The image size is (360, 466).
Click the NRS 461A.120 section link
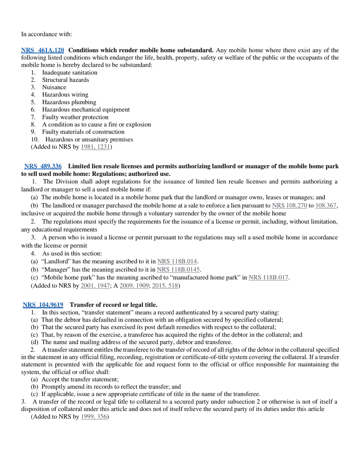42,50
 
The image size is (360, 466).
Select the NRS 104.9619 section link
43,305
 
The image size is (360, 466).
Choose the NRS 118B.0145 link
178,270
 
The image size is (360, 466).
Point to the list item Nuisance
54,87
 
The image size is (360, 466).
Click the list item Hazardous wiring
65,95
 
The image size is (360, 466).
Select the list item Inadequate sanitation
69,72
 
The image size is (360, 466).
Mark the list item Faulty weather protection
75,117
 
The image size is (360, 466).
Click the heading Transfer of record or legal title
114,305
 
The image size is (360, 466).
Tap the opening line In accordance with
46,34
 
